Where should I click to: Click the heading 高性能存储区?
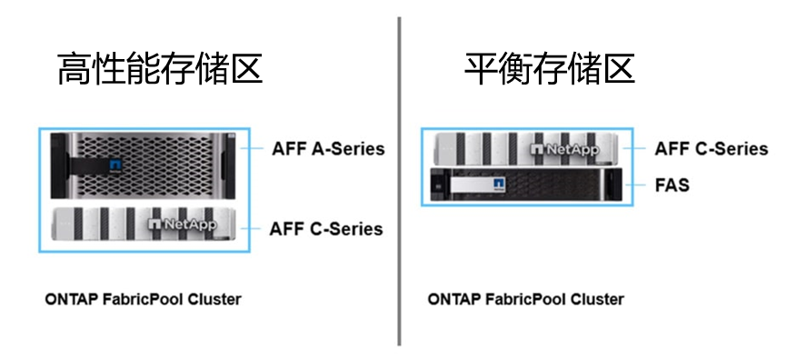pos(160,68)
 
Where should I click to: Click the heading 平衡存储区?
pos(549,68)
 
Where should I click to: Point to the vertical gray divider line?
pos(399,182)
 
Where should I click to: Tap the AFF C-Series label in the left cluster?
pos(326,228)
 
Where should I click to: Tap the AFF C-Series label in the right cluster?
pos(712,148)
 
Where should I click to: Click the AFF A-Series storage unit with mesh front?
pos(144,166)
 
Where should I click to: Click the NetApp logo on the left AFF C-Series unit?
pos(182,224)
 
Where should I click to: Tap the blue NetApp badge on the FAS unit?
pos(498,185)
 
